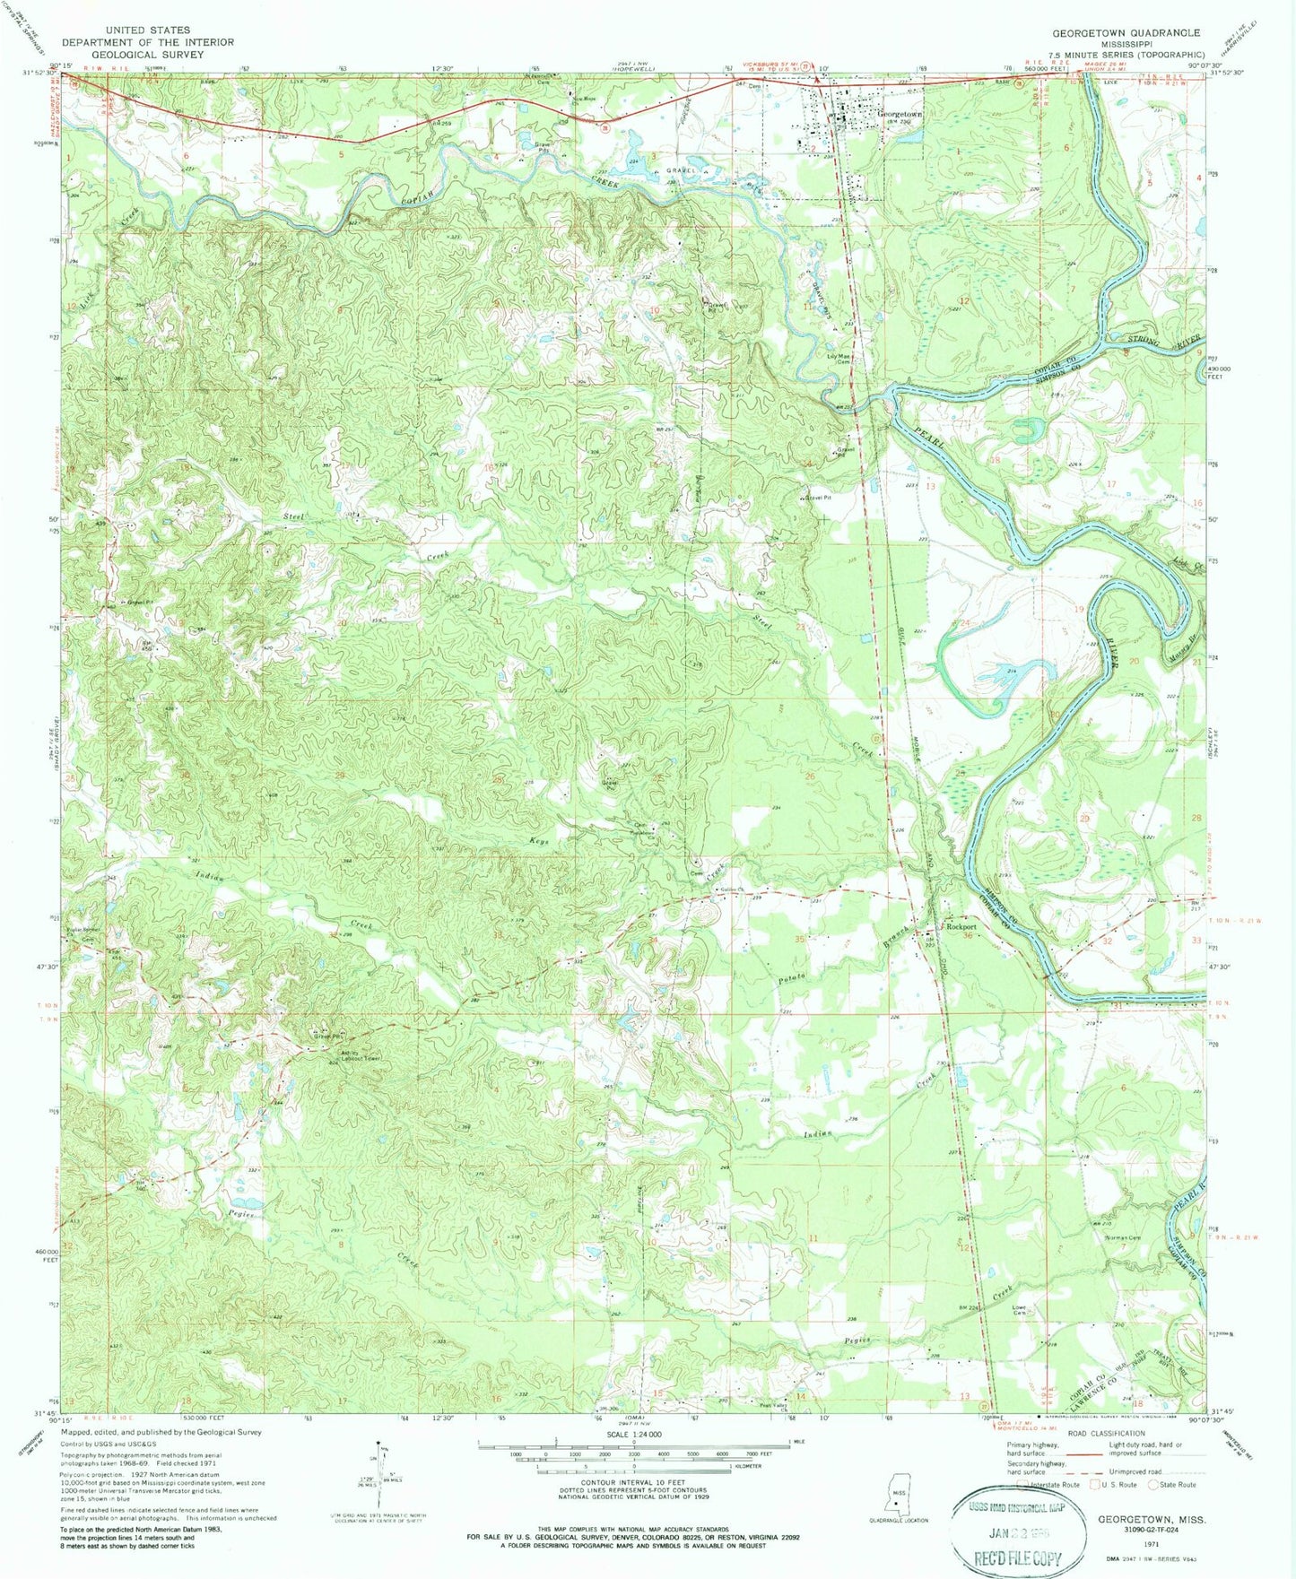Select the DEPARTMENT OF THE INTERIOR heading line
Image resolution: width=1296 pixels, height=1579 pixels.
coord(147,42)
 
